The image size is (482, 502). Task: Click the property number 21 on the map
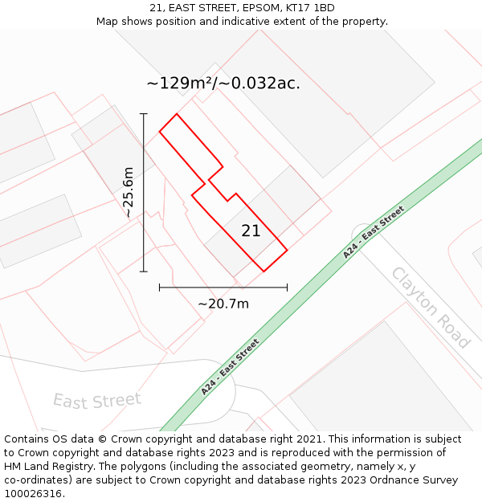click(x=251, y=231)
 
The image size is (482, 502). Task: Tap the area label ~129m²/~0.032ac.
click(x=223, y=83)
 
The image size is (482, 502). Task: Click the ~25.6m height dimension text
click(x=129, y=192)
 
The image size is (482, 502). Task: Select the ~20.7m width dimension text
click(x=223, y=304)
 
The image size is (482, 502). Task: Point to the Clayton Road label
click(x=431, y=308)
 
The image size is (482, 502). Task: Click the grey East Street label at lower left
click(x=97, y=400)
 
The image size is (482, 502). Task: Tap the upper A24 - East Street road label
click(x=374, y=232)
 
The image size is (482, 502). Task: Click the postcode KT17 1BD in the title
click(x=308, y=8)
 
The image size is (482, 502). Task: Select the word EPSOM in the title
click(x=245, y=8)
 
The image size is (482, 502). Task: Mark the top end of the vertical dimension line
click(x=144, y=113)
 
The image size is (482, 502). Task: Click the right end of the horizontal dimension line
click(x=287, y=287)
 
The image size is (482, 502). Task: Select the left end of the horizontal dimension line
click(x=160, y=287)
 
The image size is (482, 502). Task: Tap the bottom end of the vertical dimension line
click(x=144, y=271)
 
